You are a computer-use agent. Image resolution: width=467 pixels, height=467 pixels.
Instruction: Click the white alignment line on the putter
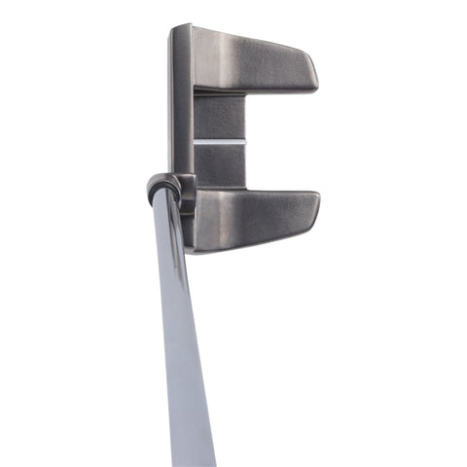(219, 142)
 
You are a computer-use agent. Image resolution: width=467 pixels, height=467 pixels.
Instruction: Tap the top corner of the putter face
(177, 28)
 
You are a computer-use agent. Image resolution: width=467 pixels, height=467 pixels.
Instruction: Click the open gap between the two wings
(282, 142)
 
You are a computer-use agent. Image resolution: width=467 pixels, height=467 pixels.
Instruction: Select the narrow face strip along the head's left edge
(182, 107)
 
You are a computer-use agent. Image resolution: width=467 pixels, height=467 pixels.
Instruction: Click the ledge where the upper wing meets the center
(219, 92)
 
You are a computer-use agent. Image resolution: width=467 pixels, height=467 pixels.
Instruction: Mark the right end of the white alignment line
(244, 142)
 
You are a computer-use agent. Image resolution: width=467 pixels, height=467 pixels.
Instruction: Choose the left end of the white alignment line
(195, 142)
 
